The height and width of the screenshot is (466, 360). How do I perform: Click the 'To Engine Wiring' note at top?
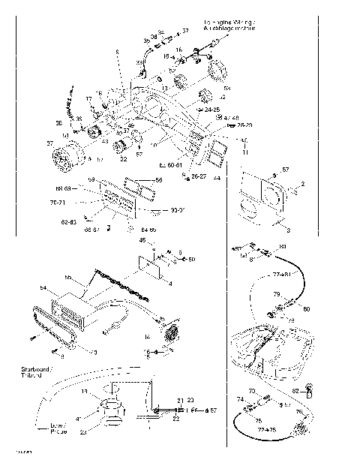tap(229, 26)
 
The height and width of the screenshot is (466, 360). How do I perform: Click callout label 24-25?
tap(201, 109)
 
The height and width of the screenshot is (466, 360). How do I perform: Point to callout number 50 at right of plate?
tap(191, 260)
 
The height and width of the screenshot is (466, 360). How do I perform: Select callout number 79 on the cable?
tap(275, 294)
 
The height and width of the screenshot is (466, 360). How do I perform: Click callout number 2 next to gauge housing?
tap(302, 184)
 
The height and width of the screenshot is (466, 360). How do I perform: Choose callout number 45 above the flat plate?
tap(142, 241)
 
